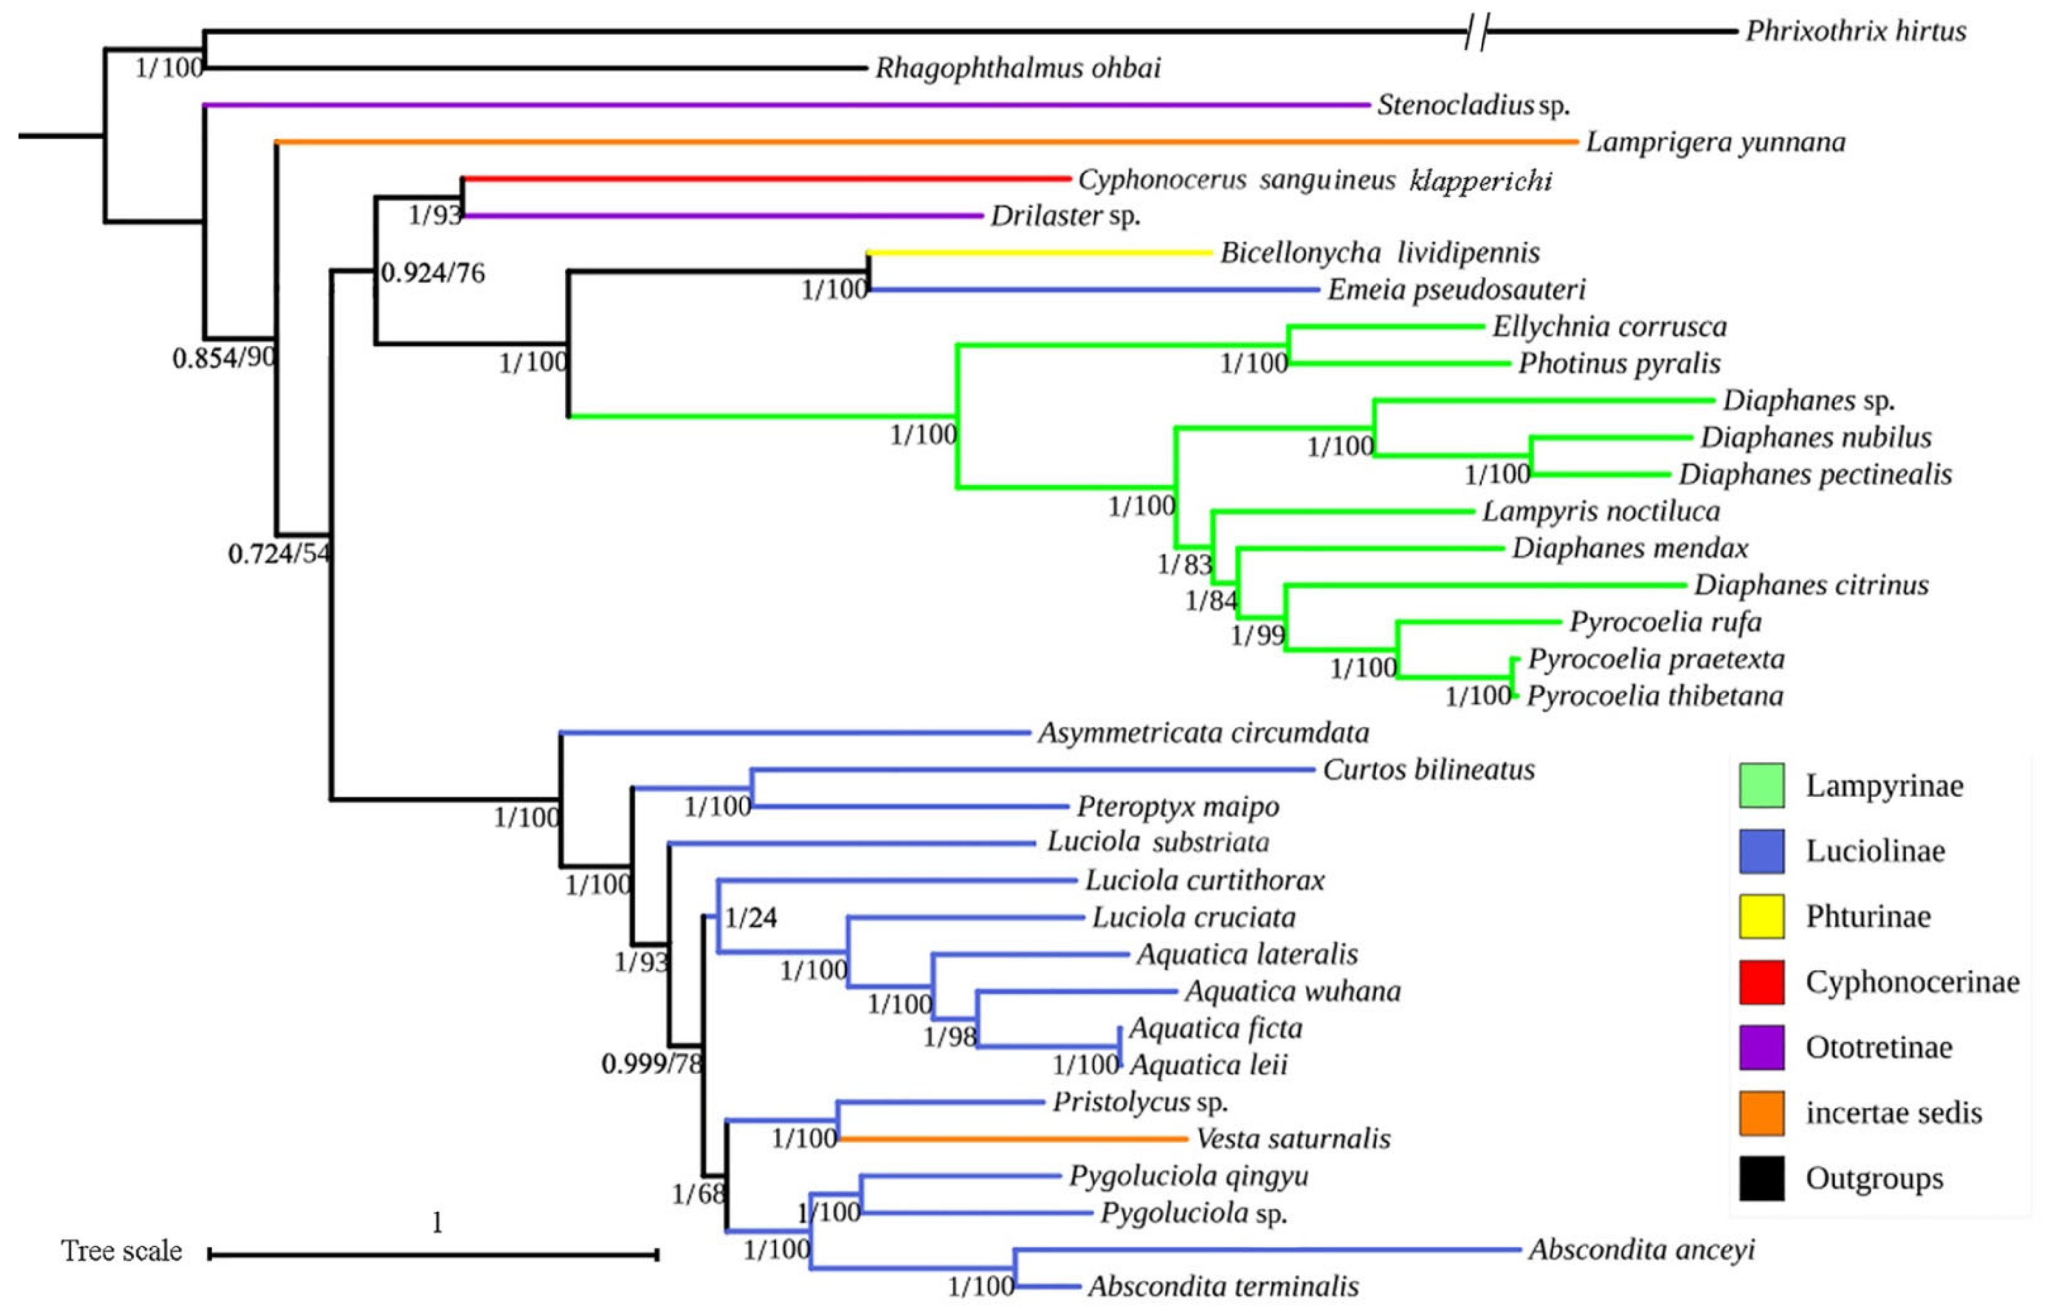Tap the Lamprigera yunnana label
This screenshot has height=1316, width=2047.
(1715, 142)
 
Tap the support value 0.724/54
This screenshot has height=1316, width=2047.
(279, 554)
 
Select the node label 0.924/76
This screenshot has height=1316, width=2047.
(432, 274)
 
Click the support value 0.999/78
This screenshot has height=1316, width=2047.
(651, 1064)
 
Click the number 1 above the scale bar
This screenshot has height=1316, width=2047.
(437, 1223)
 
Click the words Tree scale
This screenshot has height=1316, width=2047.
(121, 1251)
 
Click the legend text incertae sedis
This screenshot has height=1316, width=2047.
(1893, 1112)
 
